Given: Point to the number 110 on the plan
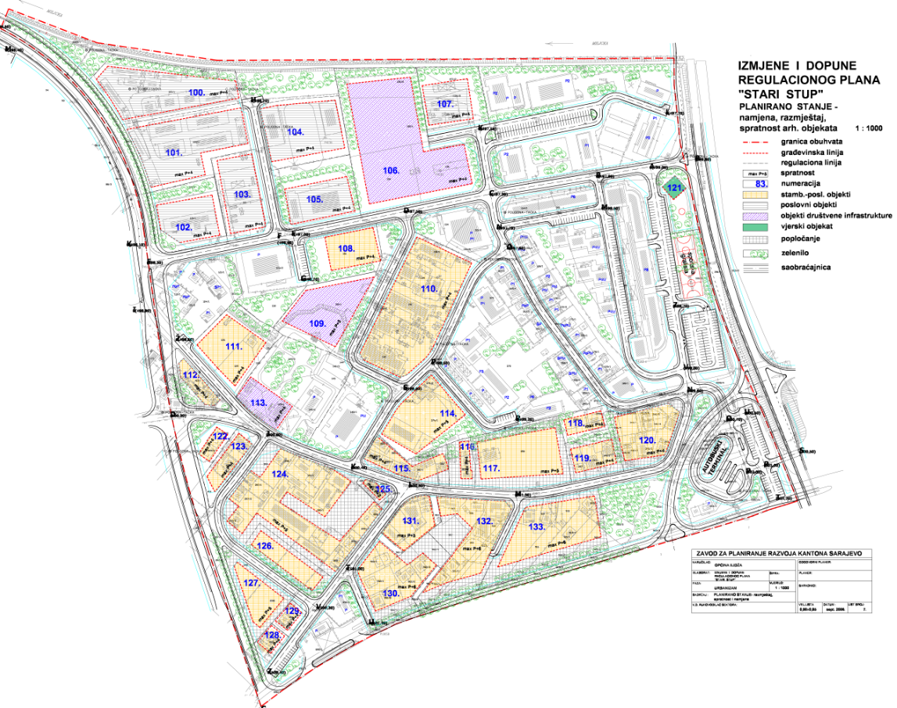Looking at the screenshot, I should (428, 289).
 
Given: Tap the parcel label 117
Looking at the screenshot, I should (491, 469).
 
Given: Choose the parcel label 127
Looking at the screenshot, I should (251, 584).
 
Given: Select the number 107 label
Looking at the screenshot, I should (445, 103).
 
